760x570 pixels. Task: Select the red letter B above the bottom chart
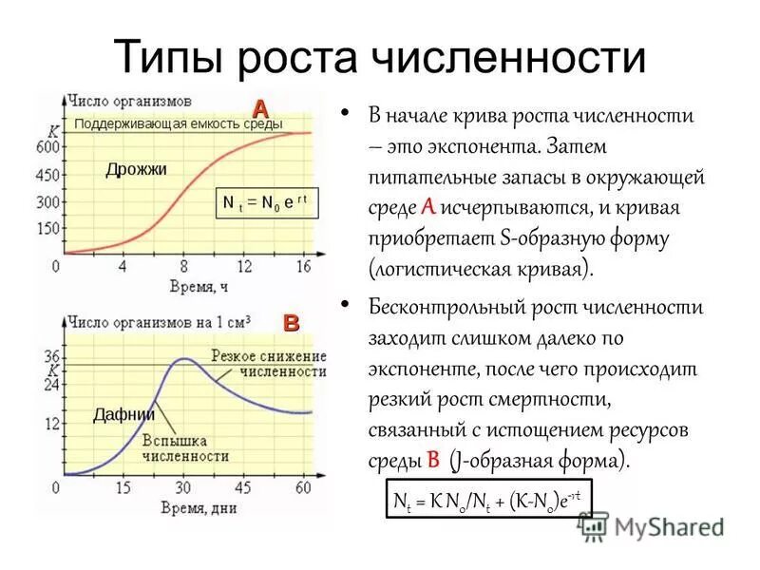tap(291, 323)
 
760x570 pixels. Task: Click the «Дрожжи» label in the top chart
tap(136, 169)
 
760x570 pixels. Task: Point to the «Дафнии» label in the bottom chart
tap(124, 414)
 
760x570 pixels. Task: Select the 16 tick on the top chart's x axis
tap(304, 267)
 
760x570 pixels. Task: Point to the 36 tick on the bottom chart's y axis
tap(52, 356)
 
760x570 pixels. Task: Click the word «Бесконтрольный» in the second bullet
tap(433, 307)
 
